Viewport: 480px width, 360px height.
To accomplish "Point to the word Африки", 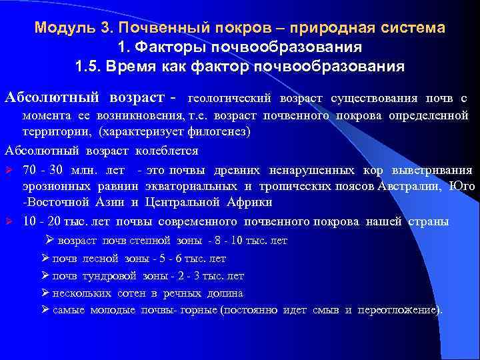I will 231,202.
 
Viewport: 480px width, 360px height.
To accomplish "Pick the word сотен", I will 127,293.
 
